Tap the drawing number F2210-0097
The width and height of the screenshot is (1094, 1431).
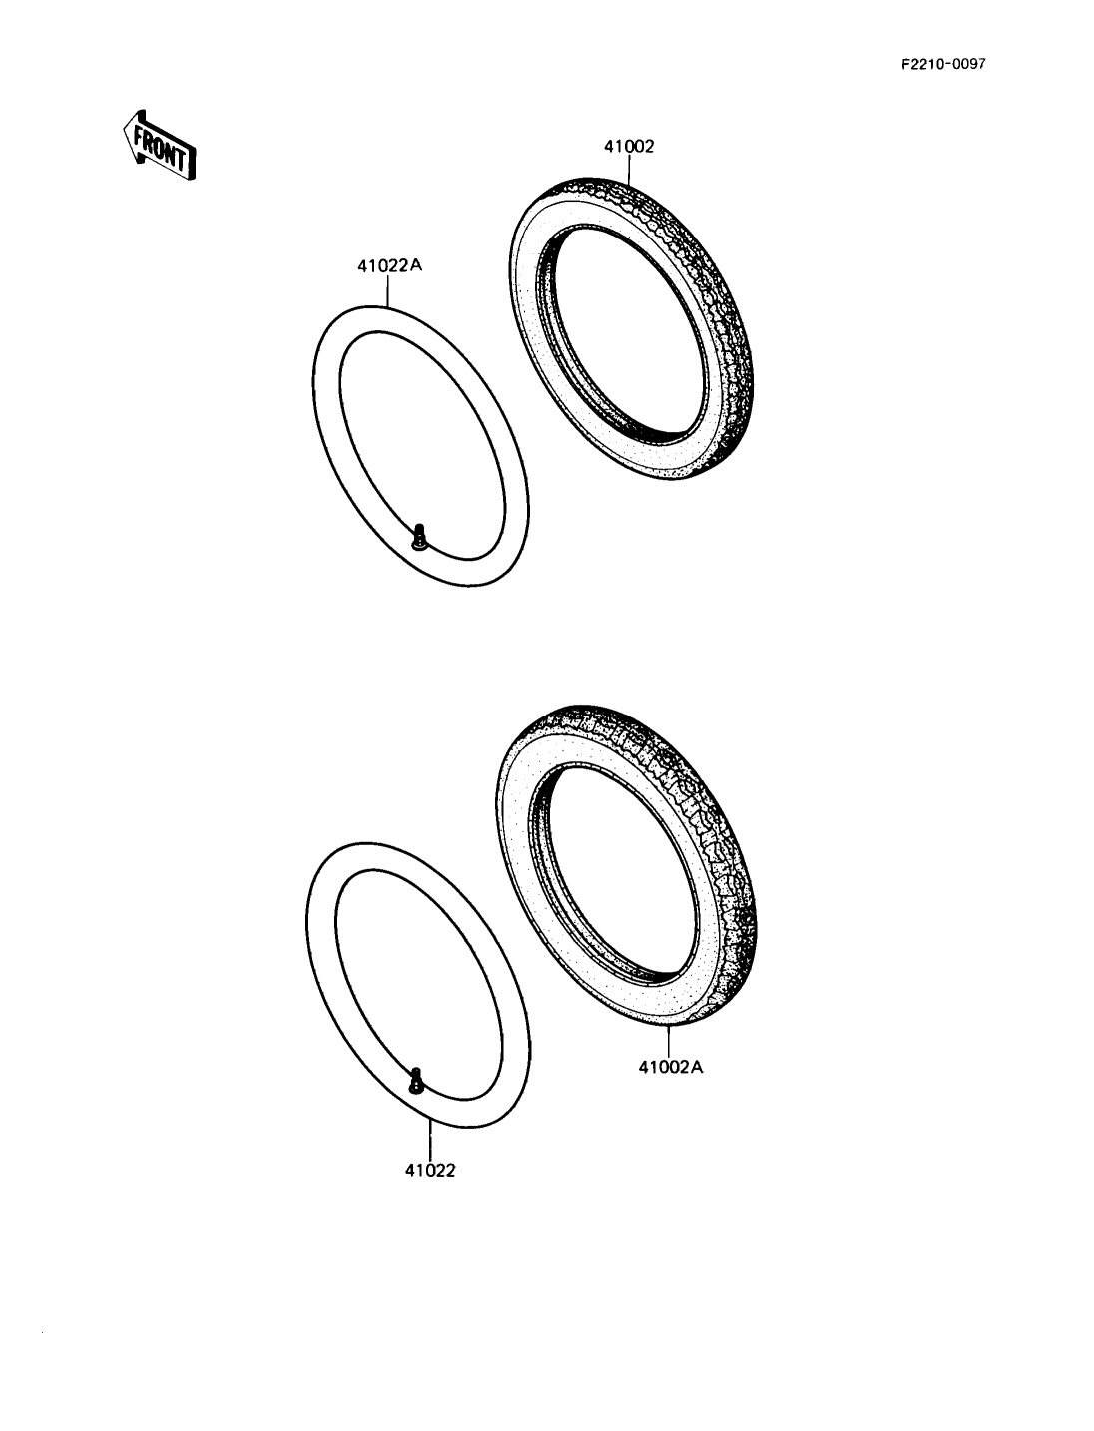click(x=943, y=64)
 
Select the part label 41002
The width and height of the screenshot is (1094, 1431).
click(x=629, y=147)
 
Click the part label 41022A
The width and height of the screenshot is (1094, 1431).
click(x=390, y=266)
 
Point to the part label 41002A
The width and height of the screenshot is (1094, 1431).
click(x=670, y=1067)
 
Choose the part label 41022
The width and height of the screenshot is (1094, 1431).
click(x=430, y=1171)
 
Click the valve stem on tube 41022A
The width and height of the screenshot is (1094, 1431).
click(x=419, y=536)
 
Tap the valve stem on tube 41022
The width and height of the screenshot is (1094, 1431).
click(x=416, y=1081)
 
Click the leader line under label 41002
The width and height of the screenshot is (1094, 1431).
click(x=629, y=170)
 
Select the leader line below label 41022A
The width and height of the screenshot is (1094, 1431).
click(x=389, y=290)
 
